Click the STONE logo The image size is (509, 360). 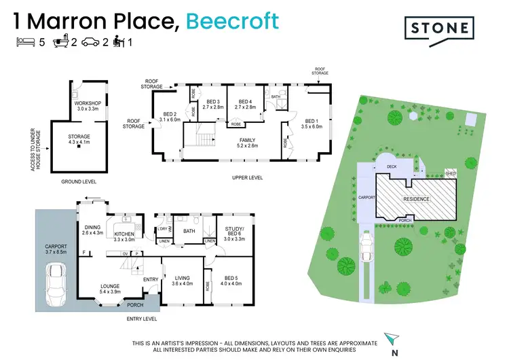click(x=439, y=28)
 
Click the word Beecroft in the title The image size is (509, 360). click(x=232, y=20)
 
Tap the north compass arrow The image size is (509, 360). click(x=388, y=338)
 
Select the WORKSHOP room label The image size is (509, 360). click(x=87, y=105)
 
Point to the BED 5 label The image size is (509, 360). click(x=232, y=279)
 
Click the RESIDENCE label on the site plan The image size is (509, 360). click(x=416, y=199)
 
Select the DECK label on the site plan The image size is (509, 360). click(x=392, y=165)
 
